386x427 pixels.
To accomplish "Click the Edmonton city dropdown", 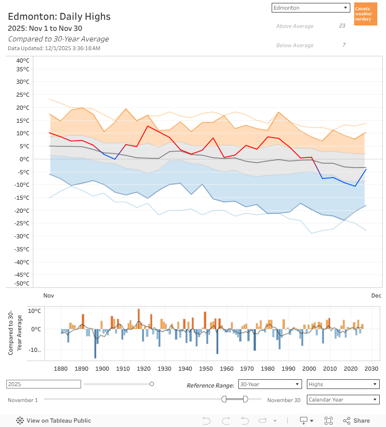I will click(x=310, y=8).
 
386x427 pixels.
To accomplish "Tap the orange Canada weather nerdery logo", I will click(x=365, y=14).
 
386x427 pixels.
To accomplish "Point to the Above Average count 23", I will click(x=342, y=26).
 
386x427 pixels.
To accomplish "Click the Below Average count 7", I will click(x=344, y=45).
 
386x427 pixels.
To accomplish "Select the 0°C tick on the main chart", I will click(x=25, y=159).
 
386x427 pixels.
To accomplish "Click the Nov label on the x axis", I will click(x=48, y=296).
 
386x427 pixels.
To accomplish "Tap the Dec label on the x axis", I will click(x=376, y=296).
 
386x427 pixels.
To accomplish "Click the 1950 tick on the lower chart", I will click(x=206, y=369).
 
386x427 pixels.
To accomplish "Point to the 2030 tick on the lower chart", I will click(x=371, y=369).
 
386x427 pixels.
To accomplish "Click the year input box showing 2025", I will click(x=43, y=384).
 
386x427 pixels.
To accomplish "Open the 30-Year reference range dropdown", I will click(x=270, y=384).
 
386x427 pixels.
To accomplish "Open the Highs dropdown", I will click(x=343, y=384).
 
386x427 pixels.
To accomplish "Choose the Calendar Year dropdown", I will click(x=343, y=400).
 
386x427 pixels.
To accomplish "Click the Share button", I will click(x=357, y=420).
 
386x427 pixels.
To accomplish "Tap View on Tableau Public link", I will click(x=54, y=420).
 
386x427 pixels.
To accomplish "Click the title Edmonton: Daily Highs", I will click(x=59, y=17).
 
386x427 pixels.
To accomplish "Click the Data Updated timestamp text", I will click(x=54, y=48).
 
